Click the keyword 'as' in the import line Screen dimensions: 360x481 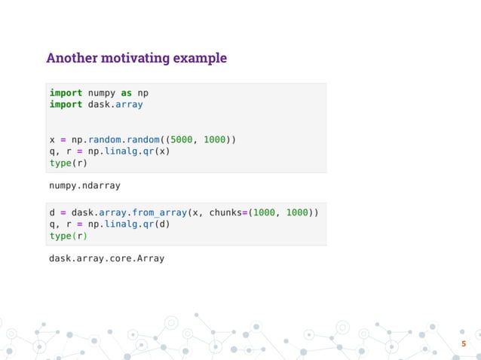[x=126, y=93]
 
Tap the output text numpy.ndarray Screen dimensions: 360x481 [x=84, y=185]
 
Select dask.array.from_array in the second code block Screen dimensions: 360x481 [x=125, y=213]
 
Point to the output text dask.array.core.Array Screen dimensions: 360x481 [x=106, y=258]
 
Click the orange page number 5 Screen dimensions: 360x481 [x=464, y=345]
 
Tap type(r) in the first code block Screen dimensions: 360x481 [x=68, y=163]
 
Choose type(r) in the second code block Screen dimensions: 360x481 [x=68, y=236]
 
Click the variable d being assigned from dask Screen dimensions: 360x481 [x=52, y=213]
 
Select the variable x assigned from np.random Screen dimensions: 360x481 [x=52, y=140]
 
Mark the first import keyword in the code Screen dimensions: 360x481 [x=66, y=93]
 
